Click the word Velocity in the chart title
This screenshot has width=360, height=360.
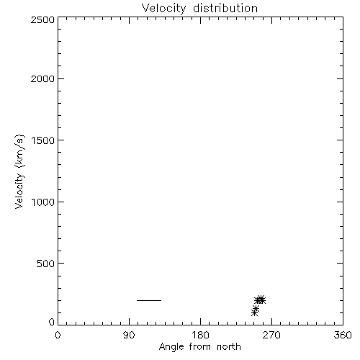tap(163, 9)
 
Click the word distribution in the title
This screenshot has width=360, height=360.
tap(225, 8)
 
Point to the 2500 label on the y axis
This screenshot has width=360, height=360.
tap(42, 19)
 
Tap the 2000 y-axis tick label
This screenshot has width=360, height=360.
tap(42, 78)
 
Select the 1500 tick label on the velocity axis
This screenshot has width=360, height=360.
tap(43, 140)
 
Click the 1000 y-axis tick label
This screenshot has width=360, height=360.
tap(43, 202)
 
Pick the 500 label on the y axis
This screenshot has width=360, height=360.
tap(45, 264)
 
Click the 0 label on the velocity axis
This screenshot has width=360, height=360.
tap(52, 322)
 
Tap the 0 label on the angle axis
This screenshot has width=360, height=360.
tap(58, 335)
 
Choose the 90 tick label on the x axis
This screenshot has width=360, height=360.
tap(129, 335)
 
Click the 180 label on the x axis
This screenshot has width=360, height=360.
tap(200, 335)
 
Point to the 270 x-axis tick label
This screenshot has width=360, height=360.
tap(271, 335)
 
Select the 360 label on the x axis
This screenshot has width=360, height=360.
tap(343, 335)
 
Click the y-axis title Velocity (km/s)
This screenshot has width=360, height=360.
tap(19, 171)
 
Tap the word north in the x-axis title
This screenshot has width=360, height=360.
tap(229, 346)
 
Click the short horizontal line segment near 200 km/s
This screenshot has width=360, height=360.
tap(149, 300)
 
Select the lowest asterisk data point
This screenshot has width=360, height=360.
tap(254, 312)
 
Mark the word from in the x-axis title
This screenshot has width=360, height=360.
tap(200, 346)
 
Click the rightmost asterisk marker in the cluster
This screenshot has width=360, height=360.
tap(262, 300)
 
